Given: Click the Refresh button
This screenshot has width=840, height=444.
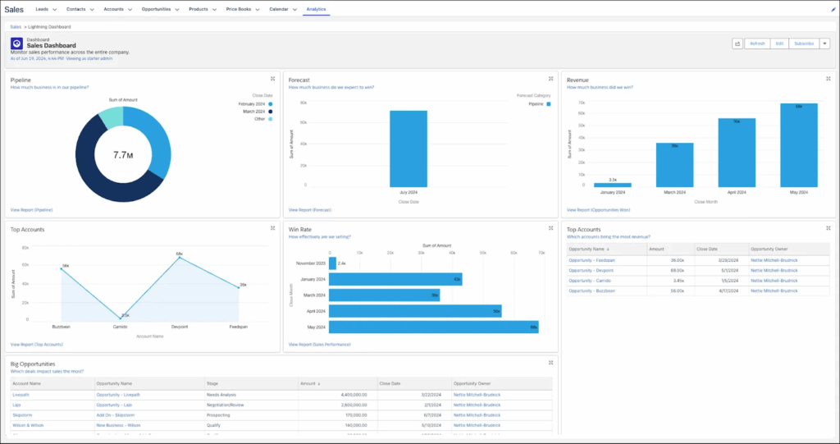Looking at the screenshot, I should tap(757, 43).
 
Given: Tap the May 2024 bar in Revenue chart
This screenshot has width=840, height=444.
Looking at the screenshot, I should tap(798, 146).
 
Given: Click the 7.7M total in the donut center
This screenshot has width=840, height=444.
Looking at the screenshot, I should tap(123, 154).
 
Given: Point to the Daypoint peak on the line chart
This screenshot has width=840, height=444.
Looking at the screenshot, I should tap(178, 258).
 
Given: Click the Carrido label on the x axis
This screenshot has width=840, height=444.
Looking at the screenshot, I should tap(121, 326).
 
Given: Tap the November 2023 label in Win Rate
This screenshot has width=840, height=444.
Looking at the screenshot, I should tap(309, 263).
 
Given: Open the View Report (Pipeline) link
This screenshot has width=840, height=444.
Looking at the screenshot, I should tap(32, 210).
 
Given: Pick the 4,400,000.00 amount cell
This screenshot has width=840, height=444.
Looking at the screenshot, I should tap(350, 395).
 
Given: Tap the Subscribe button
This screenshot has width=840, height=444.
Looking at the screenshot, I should tap(804, 43).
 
